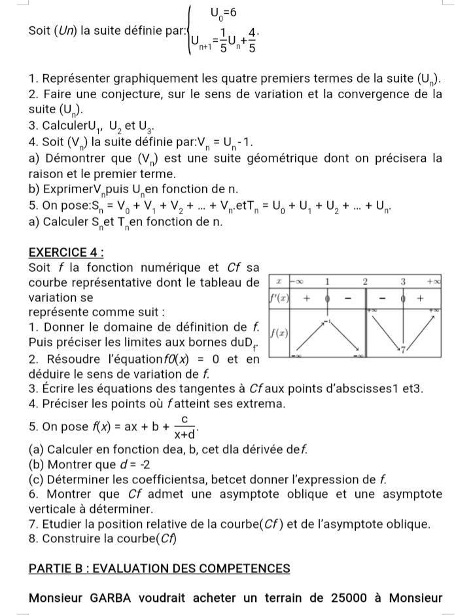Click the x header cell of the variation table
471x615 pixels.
pos(280,280)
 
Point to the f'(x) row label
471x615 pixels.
pos(280,297)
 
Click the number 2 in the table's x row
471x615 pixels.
pos(366,280)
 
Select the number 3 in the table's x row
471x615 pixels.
pos(404,280)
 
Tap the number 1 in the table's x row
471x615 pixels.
pos(328,280)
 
